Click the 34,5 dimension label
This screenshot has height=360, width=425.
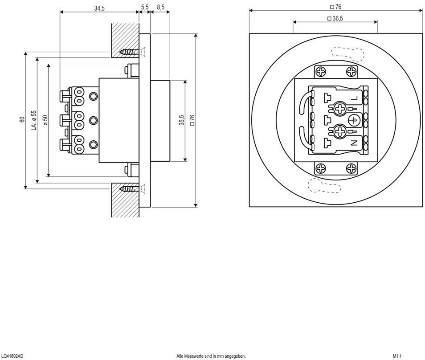click(99, 8)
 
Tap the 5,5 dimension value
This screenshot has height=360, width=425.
click(145, 7)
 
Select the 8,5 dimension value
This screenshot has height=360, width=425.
click(160, 7)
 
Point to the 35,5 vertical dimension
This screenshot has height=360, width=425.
click(182, 120)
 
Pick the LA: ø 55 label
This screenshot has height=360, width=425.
click(33, 120)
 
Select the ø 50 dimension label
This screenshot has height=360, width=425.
click(45, 120)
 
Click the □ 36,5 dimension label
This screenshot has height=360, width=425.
click(335, 18)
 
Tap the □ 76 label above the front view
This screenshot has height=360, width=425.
click(335, 7)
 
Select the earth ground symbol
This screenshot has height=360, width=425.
click(353, 120)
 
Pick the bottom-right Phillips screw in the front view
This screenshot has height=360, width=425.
click(351, 168)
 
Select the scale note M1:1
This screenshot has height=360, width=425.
click(396, 356)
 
